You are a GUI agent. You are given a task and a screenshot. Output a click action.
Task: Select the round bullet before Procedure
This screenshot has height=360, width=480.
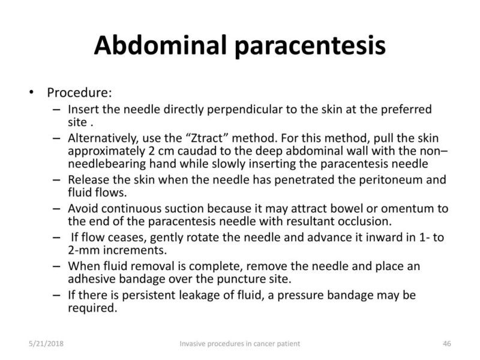(29, 94)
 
